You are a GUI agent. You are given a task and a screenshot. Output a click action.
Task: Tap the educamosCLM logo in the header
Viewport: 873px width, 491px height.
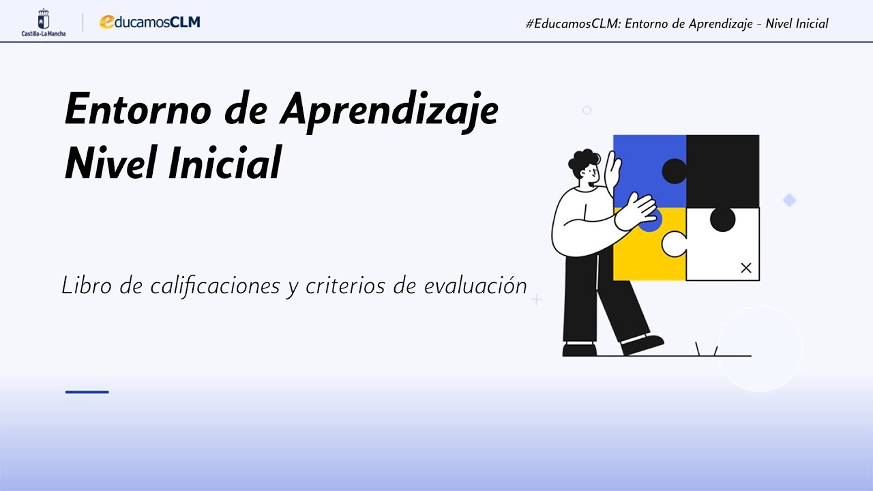click(149, 22)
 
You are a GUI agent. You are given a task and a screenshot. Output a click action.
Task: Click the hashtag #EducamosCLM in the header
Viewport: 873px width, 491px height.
click(572, 24)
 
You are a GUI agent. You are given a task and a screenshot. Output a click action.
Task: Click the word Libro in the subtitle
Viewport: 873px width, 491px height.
click(87, 286)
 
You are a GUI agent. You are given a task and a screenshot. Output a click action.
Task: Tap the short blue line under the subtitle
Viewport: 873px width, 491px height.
click(87, 392)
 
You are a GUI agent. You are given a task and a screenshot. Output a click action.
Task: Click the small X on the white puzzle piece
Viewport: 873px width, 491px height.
click(745, 268)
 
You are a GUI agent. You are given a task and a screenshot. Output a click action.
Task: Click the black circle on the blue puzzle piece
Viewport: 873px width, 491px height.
click(675, 171)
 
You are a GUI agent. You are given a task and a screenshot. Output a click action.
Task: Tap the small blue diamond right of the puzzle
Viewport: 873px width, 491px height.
click(789, 200)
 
